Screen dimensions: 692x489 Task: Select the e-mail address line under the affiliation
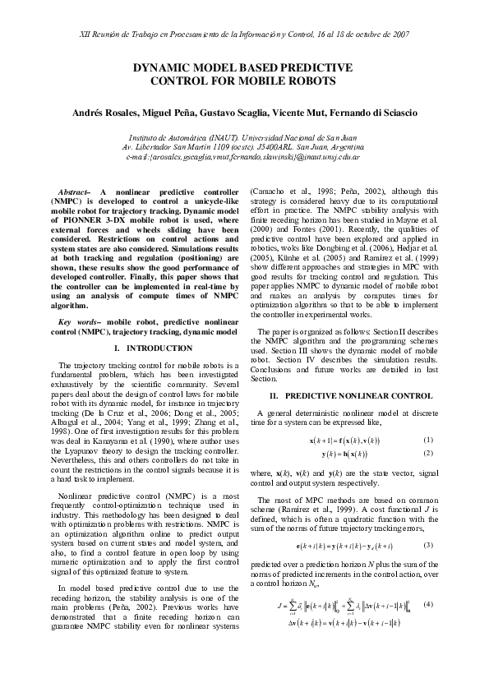(x=243, y=155)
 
